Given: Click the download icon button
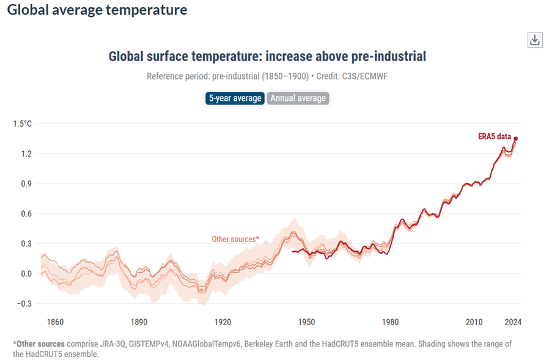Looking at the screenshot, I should (534, 40).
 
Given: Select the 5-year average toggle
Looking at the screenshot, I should (235, 98).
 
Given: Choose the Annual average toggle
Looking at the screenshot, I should (298, 98).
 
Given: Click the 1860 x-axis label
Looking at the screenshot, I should (55, 321).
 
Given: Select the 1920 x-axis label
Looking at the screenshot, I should (223, 321).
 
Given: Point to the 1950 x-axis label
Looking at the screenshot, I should (306, 321).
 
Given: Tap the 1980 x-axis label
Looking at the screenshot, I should (390, 321).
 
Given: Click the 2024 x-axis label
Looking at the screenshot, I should (513, 321).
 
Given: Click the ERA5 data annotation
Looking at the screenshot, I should (494, 137).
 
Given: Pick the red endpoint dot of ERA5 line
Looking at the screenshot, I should (515, 139).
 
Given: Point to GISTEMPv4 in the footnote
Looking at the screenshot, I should (147, 344).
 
